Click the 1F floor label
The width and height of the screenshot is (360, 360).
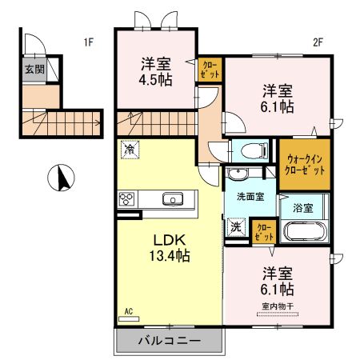click(86, 42)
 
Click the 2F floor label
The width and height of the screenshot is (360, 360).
click(317, 42)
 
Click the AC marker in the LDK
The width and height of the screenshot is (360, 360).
click(128, 312)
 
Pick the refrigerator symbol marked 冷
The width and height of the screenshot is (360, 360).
click(129, 149)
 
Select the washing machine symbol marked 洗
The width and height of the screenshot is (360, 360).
click(236, 226)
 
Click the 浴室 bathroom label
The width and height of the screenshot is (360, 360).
click(302, 206)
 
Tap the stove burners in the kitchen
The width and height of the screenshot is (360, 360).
click(127, 199)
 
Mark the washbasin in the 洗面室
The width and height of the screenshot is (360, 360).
click(238, 176)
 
